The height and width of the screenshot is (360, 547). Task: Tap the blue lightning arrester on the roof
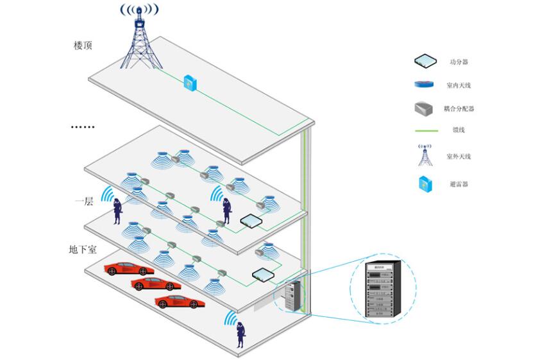click(190, 82)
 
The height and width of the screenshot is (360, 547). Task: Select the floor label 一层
click(84, 201)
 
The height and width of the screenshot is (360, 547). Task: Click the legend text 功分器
click(459, 62)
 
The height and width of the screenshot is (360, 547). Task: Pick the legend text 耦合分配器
click(463, 108)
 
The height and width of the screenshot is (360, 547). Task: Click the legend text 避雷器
click(459, 184)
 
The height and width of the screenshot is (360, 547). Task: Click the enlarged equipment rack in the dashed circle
click(383, 289)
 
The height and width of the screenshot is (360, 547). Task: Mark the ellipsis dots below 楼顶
click(82, 127)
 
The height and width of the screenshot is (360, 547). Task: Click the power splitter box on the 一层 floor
click(264, 274)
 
